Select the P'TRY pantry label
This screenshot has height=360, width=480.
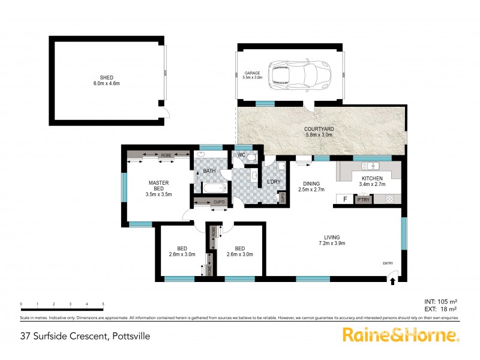(363, 199)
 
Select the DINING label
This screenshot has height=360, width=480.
(311, 184)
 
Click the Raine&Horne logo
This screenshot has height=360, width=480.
(400, 335)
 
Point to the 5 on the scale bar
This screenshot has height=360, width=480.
(103, 304)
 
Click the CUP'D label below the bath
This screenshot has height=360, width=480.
(220, 202)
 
